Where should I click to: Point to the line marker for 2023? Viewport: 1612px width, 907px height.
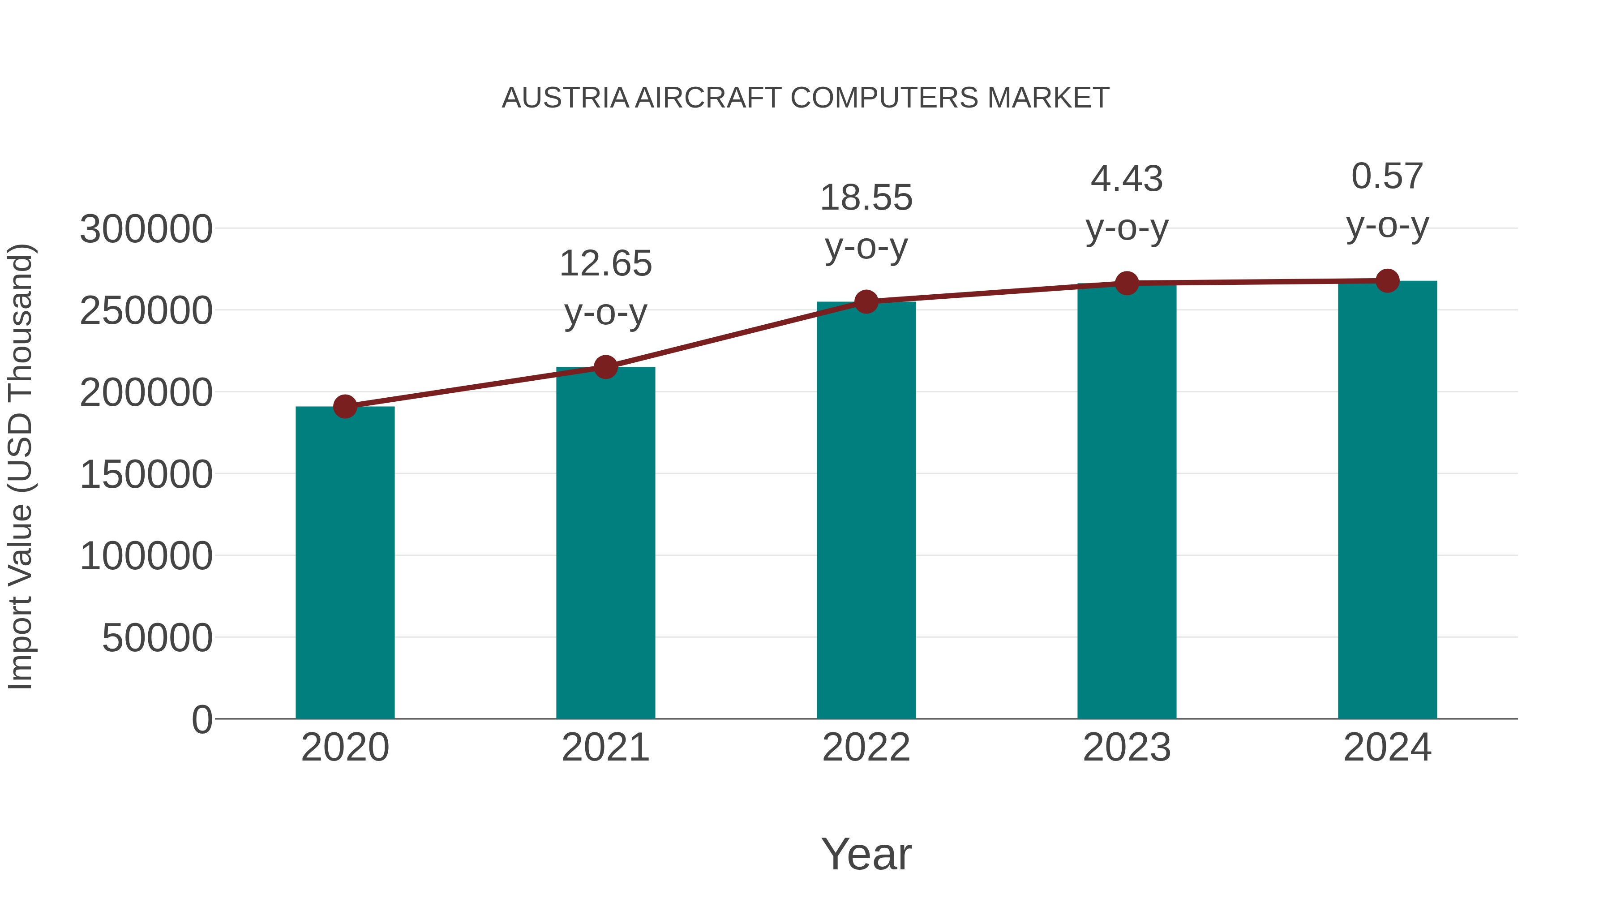(1127, 284)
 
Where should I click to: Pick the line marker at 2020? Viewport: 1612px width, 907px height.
(345, 407)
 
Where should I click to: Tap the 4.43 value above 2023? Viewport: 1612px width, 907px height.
(1127, 180)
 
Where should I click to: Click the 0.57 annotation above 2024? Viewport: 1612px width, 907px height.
(1387, 177)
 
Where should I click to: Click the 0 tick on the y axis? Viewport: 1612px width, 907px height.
(201, 720)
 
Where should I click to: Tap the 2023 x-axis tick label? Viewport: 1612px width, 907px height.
(1127, 748)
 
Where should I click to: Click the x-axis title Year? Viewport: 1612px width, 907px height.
(866, 855)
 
